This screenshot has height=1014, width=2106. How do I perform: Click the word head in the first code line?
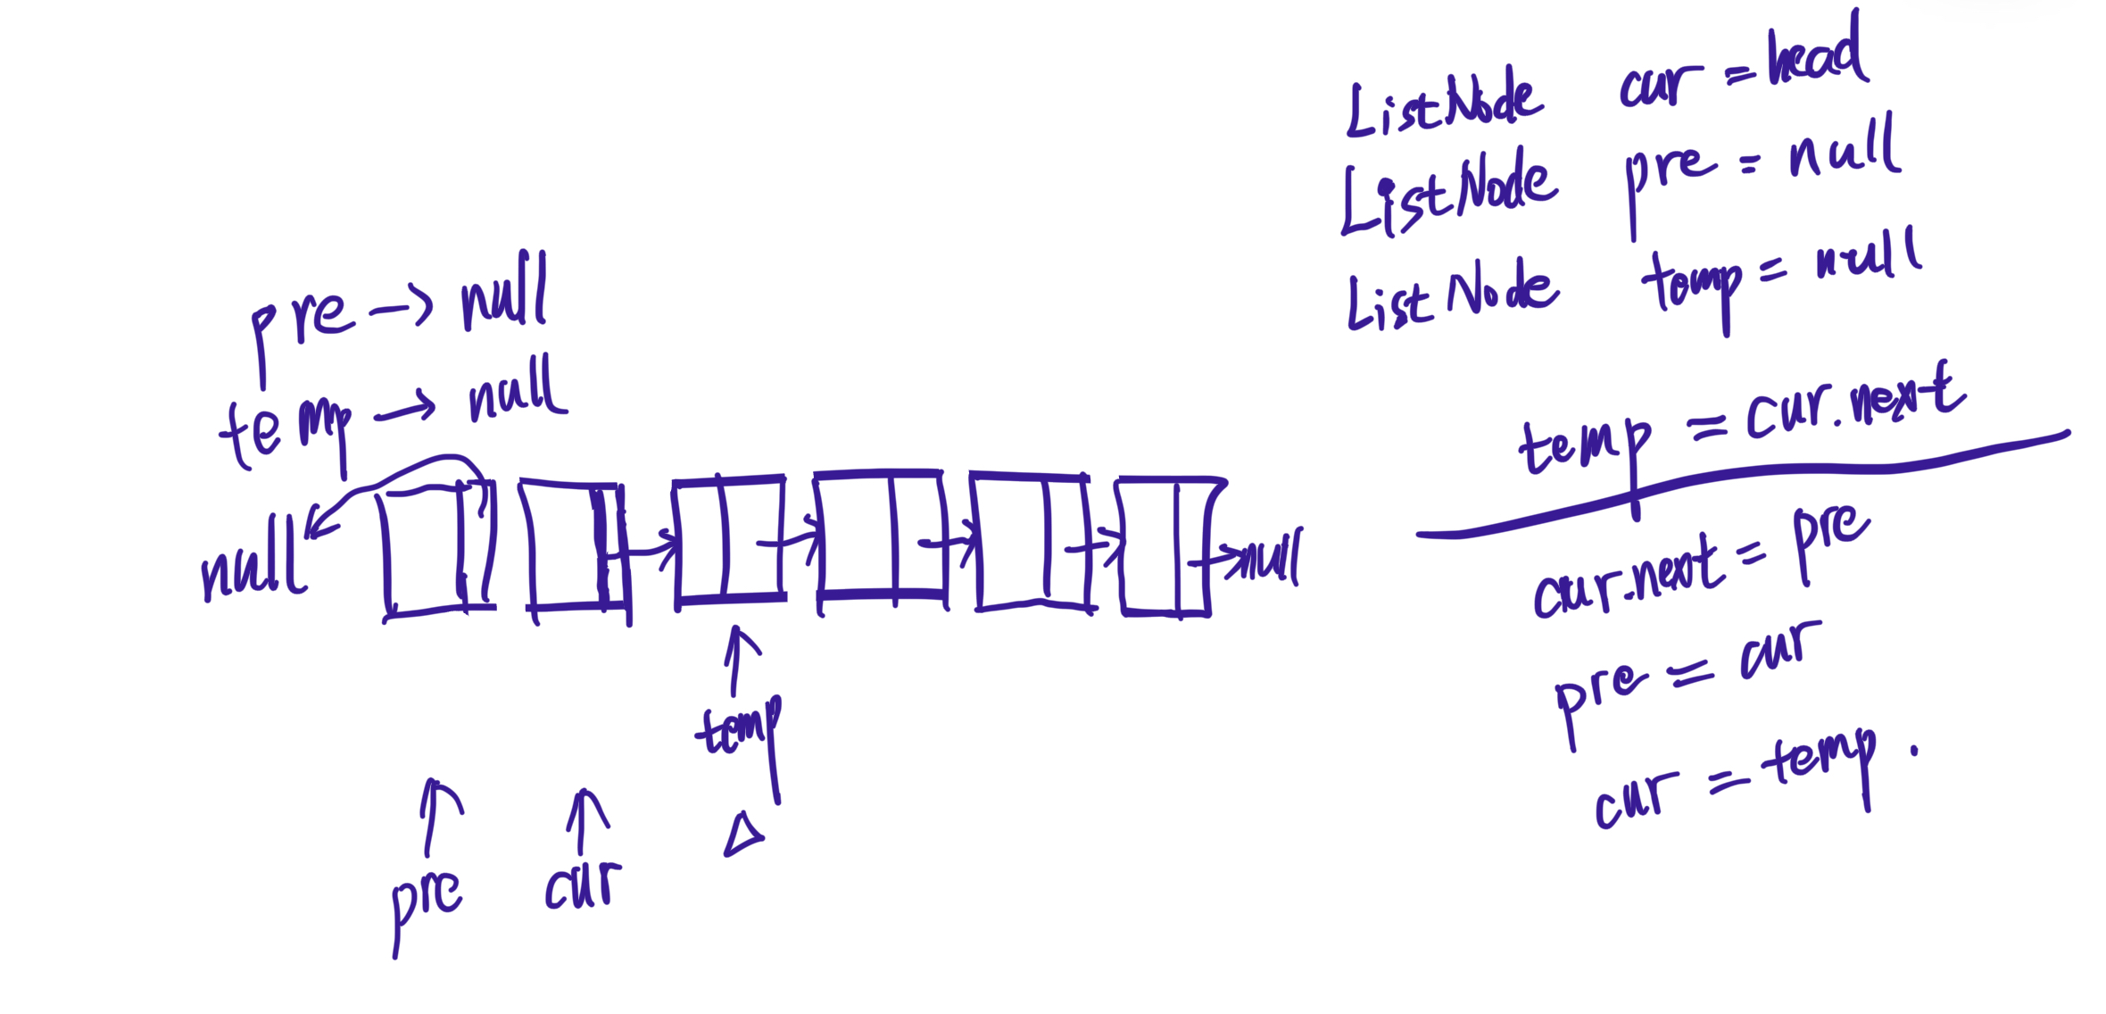tap(1817, 55)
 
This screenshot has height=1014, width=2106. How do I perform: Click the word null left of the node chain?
tap(253, 562)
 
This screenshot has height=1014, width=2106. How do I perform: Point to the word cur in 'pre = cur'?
tap(1779, 652)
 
